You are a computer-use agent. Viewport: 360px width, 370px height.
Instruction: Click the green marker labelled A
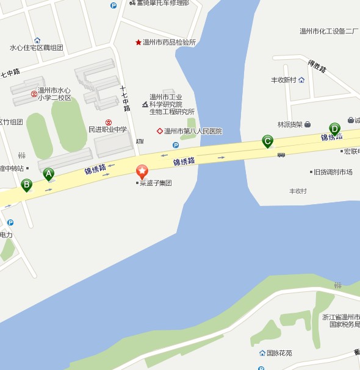click(48, 174)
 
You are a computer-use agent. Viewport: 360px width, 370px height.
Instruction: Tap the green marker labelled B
click(26, 184)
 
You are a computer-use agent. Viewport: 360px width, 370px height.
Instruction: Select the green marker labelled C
click(267, 141)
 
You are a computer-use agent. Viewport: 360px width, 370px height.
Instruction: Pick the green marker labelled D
click(334, 129)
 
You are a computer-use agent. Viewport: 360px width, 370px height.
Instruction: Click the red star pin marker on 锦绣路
click(142, 171)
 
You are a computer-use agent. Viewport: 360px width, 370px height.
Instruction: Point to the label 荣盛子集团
click(155, 183)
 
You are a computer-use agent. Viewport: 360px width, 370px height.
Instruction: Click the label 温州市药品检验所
click(169, 43)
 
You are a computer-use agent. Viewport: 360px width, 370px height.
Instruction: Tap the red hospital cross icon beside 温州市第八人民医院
click(160, 131)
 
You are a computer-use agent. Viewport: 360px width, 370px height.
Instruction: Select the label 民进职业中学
click(107, 130)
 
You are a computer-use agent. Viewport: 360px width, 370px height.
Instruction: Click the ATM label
click(140, 141)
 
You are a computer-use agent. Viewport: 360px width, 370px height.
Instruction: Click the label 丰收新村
click(283, 80)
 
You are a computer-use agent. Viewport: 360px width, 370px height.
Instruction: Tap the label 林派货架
click(290, 124)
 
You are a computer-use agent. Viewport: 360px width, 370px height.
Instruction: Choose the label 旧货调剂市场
click(333, 173)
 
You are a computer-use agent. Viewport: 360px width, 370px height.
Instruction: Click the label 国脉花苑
click(279, 353)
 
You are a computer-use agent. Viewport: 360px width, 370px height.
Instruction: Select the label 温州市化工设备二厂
click(328, 31)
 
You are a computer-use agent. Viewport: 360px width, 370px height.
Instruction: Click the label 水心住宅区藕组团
click(37, 48)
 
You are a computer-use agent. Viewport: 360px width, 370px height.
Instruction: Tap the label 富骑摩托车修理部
click(162, 3)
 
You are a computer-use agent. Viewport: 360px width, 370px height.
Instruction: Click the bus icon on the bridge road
click(281, 155)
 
